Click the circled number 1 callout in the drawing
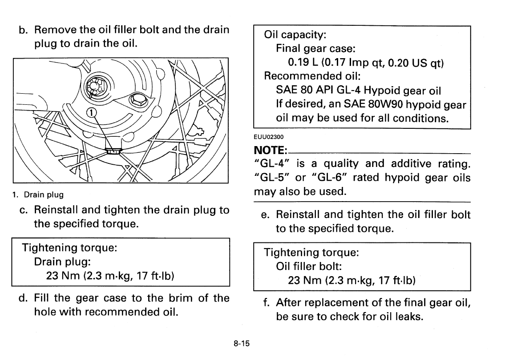[91, 113]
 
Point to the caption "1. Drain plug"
[38, 194]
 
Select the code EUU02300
[269, 137]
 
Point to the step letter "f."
[266, 303]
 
